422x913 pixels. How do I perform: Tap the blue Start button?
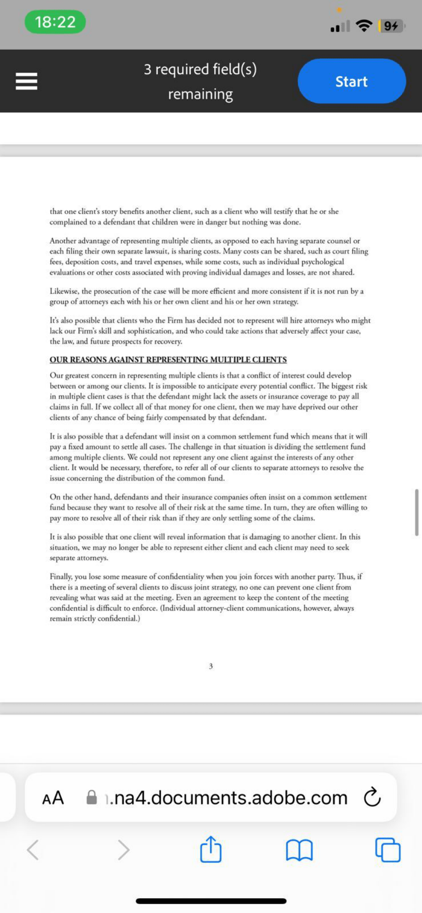(351, 81)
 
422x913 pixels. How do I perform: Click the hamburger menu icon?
(26, 81)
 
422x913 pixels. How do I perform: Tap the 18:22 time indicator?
(55, 22)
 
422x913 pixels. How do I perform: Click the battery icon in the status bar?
(391, 26)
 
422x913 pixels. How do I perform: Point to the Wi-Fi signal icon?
(364, 26)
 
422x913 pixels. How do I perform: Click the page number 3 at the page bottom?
(211, 666)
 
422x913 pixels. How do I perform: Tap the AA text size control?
(53, 798)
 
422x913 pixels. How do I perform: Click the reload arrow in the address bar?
(372, 797)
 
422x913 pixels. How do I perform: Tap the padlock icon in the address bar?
(91, 797)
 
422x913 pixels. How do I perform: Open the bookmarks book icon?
(299, 850)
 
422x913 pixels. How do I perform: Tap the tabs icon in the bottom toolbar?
(388, 850)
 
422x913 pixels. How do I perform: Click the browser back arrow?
(33, 850)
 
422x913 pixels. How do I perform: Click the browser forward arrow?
(123, 850)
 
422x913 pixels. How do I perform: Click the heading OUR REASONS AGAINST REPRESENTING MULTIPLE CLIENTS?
(168, 360)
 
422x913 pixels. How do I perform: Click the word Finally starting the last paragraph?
(62, 577)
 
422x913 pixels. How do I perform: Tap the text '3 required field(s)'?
(200, 70)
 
